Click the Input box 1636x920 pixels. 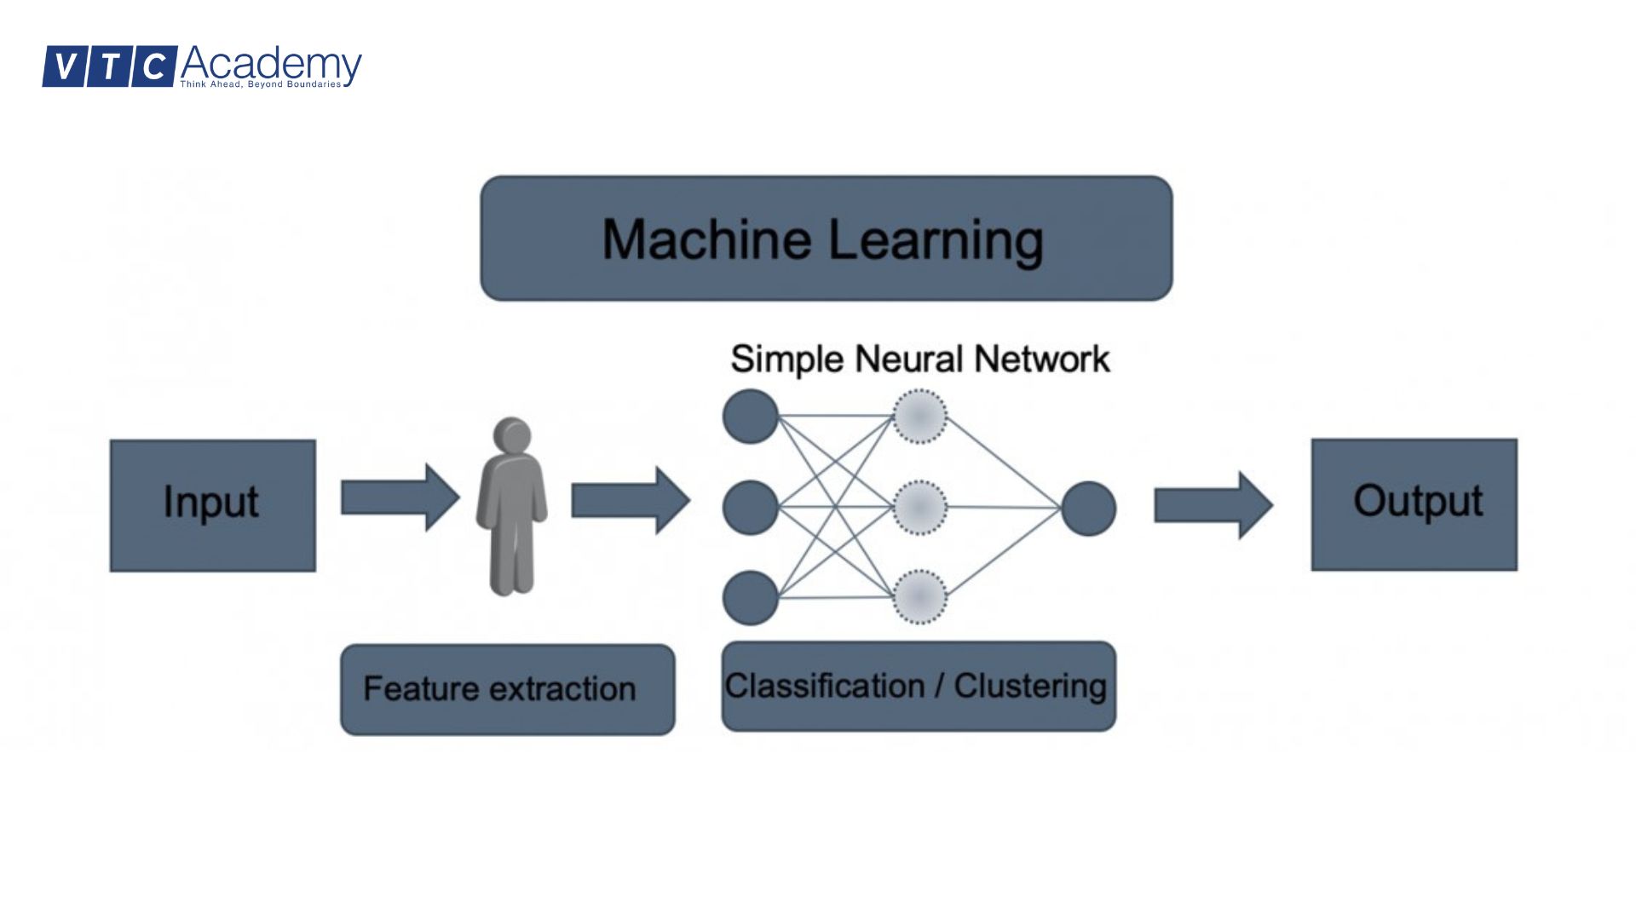pyautogui.click(x=212, y=505)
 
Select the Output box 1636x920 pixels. pyautogui.click(x=1414, y=504)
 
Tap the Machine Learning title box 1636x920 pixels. pyautogui.click(x=826, y=239)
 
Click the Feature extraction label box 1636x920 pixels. pyautogui.click(x=507, y=689)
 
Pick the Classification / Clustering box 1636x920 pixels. pyautogui.click(x=918, y=686)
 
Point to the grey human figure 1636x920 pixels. pyautogui.click(x=511, y=511)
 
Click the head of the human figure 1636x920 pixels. pyautogui.click(x=512, y=435)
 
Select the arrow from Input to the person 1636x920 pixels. pyautogui.click(x=400, y=497)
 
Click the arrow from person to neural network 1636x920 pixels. pyautogui.click(x=630, y=500)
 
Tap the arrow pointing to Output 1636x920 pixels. pyautogui.click(x=1213, y=505)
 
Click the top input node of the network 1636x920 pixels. pyautogui.click(x=750, y=417)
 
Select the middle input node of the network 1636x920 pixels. pyautogui.click(x=750, y=508)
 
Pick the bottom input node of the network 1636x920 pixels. pyautogui.click(x=750, y=598)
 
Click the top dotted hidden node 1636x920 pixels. pyautogui.click(x=919, y=417)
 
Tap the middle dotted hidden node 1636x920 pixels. pyautogui.click(x=919, y=508)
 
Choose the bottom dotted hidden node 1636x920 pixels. pyautogui.click(x=919, y=597)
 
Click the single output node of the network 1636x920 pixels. pyautogui.click(x=1088, y=509)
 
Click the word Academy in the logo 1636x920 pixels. pyautogui.click(x=271, y=64)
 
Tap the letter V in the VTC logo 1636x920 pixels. pyautogui.click(x=64, y=66)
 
